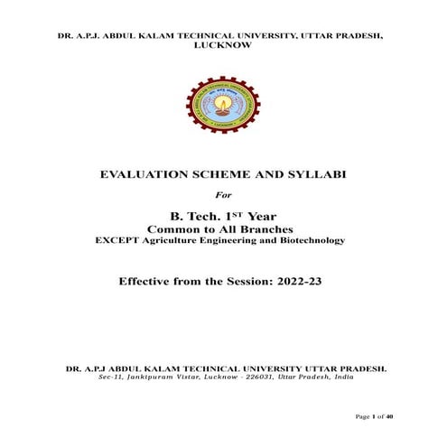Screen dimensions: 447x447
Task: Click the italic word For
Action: pyautogui.click(x=223, y=194)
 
